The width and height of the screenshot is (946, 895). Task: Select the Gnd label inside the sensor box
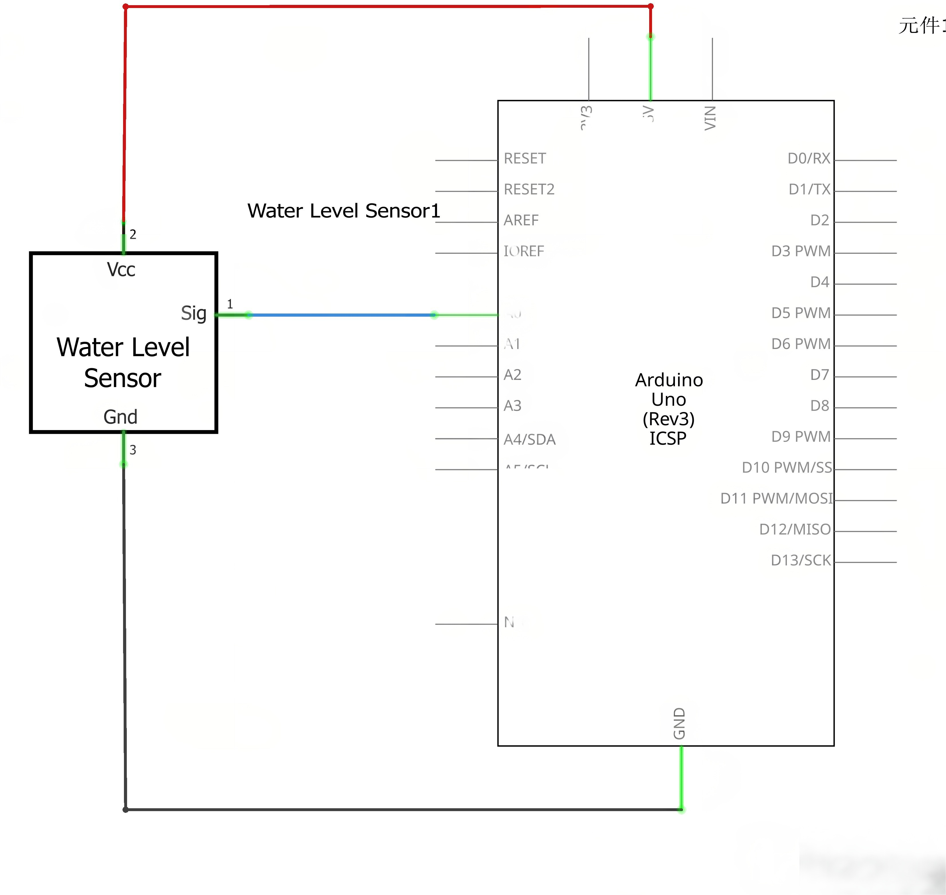[x=120, y=417]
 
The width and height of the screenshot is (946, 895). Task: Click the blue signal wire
[x=341, y=315]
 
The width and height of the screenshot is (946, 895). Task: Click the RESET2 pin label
[x=529, y=190]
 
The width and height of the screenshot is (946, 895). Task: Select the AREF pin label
[x=521, y=220]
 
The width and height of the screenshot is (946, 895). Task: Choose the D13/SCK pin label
[x=801, y=560]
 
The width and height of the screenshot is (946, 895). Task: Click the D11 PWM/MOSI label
[x=776, y=498]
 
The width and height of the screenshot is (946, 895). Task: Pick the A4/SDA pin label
[x=530, y=439]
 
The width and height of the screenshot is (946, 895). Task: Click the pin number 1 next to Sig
[x=230, y=304]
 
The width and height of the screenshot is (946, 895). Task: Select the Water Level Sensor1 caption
[x=343, y=211]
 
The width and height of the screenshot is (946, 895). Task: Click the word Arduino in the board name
[x=669, y=380]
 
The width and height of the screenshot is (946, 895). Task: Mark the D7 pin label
[x=819, y=375]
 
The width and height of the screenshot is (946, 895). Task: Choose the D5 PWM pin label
[x=801, y=313]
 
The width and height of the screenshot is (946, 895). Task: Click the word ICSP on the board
[x=667, y=438]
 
